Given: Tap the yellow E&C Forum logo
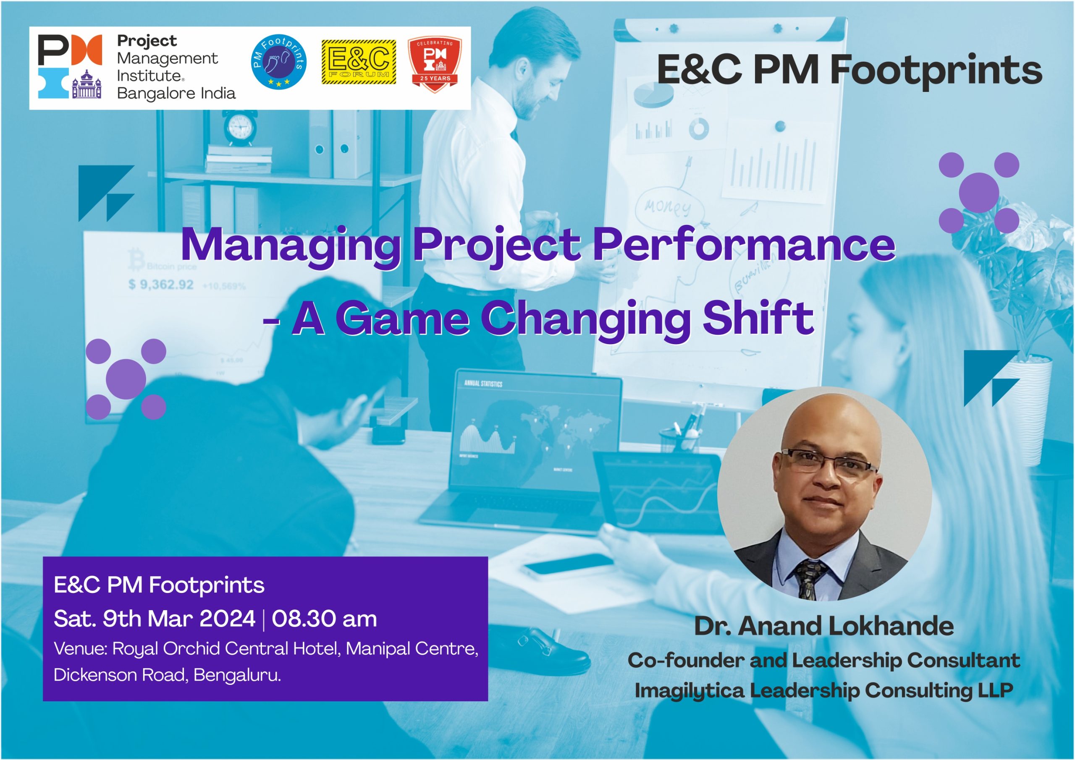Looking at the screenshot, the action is (359, 62).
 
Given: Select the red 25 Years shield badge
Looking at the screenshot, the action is (435, 63).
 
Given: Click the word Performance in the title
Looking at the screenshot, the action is (744, 244).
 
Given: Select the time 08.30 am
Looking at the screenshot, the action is (325, 619).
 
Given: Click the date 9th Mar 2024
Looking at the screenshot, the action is (179, 619).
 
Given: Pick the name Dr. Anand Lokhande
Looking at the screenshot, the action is (823, 626).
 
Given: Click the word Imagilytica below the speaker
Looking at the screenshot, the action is (689, 691).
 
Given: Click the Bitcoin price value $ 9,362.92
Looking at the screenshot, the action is (161, 285).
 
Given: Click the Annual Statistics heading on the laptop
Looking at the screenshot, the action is (483, 384).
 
